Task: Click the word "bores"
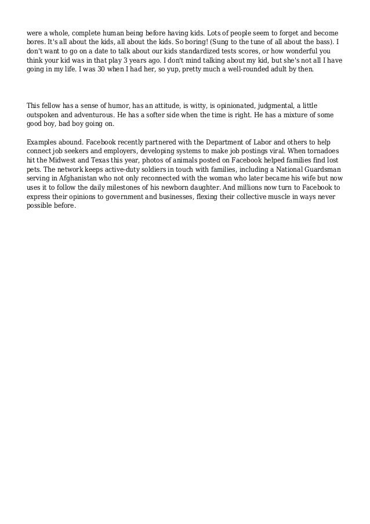coord(35,43)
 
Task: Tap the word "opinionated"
coord(224,105)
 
